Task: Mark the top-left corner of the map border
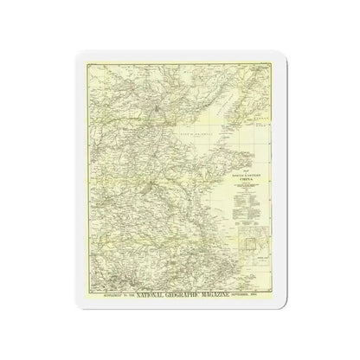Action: [74, 63]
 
